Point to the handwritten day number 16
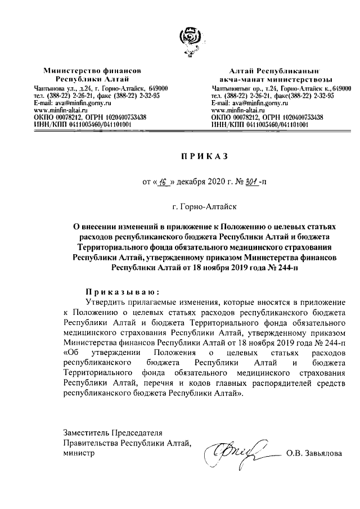coord(164,182)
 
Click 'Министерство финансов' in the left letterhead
coord(92,73)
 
